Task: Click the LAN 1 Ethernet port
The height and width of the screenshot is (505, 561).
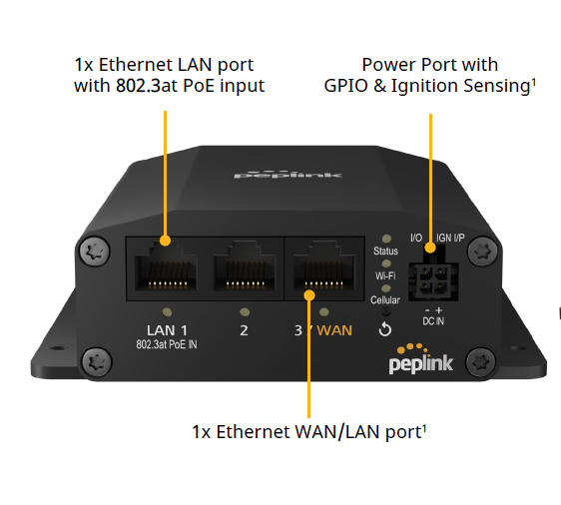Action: [166, 265]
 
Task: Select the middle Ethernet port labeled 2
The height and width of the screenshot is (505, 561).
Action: [245, 265]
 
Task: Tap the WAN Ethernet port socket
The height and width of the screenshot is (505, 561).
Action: [324, 265]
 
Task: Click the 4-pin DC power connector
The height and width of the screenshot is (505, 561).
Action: [433, 276]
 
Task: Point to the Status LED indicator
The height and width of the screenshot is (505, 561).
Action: [386, 239]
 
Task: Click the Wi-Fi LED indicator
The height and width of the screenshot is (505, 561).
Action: [386, 263]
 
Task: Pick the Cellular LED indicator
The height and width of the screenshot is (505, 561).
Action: [386, 288]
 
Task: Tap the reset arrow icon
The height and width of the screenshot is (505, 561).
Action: [385, 329]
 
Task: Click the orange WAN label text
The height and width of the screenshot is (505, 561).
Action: [334, 330]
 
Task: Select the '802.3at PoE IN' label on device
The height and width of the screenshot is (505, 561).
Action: [167, 344]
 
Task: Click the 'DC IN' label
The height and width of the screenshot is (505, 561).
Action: [433, 321]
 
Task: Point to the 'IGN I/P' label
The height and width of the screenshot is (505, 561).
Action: [450, 238]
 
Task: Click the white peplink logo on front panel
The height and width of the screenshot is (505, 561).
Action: [421, 360]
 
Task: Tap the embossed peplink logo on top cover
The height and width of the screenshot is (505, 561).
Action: [288, 175]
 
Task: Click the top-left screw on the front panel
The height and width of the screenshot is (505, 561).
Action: [94, 251]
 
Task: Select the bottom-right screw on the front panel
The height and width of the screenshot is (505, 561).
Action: [481, 361]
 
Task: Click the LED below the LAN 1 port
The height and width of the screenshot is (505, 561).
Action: [167, 312]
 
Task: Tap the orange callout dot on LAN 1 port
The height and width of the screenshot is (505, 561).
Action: [165, 241]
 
